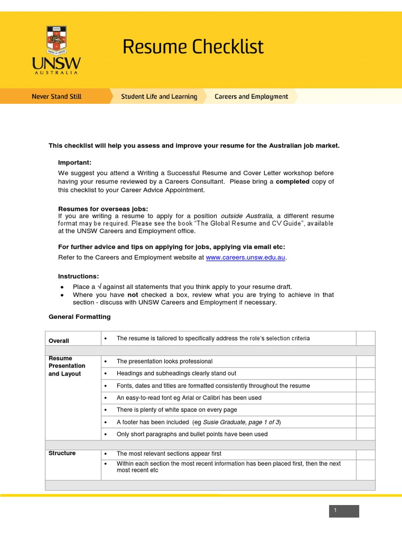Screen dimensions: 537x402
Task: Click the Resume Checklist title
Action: click(193, 47)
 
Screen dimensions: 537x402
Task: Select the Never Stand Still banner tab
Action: click(57, 96)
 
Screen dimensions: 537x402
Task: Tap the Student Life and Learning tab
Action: click(159, 96)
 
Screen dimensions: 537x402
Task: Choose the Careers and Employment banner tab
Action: click(251, 96)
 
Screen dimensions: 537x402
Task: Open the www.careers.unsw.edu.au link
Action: click(246, 257)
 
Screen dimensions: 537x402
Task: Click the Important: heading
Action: click(74, 163)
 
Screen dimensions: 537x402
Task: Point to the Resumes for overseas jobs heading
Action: click(103, 209)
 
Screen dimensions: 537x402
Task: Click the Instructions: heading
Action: click(78, 276)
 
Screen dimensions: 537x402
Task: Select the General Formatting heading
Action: click(80, 317)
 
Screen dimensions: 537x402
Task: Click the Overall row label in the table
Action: click(59, 341)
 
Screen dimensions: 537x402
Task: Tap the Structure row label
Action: click(62, 453)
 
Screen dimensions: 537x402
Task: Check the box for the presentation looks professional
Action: click(365, 361)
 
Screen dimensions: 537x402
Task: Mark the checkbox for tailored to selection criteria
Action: click(365, 338)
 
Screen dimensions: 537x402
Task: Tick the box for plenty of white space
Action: click(365, 410)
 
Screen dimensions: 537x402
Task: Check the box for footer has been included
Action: click(365, 422)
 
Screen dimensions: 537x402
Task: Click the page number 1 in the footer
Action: click(336, 511)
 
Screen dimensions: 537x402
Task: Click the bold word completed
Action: click(293, 181)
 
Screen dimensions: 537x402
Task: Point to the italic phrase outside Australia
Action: click(247, 216)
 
